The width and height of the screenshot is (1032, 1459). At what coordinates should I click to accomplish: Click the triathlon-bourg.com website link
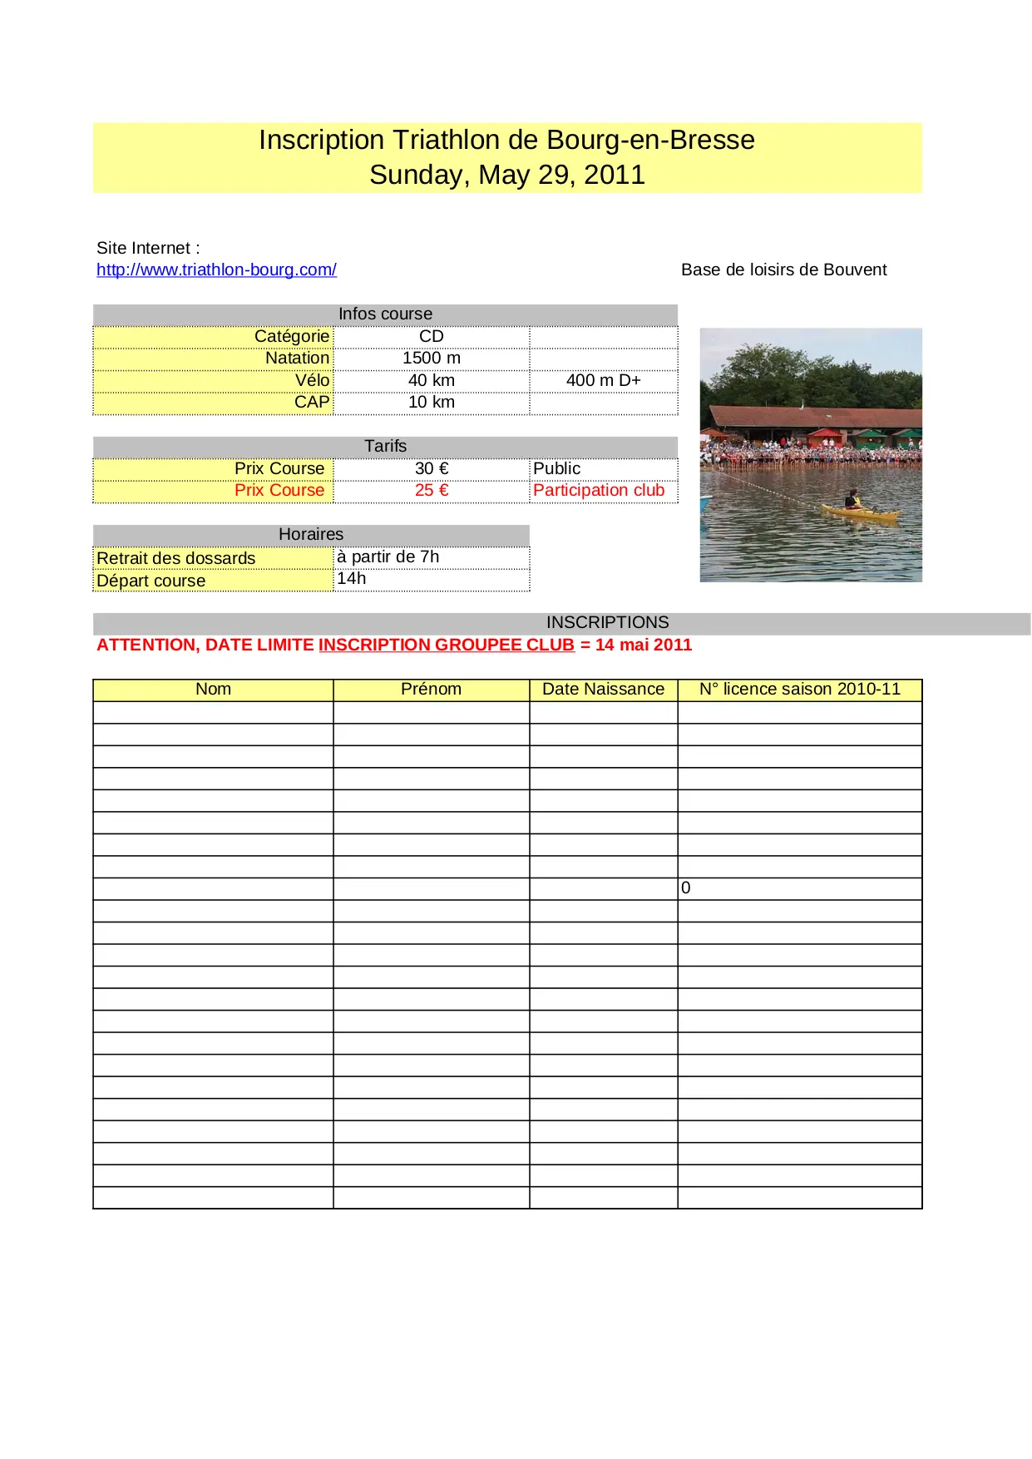pyautogui.click(x=216, y=270)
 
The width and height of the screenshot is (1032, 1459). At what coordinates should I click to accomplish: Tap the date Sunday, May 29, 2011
pyautogui.click(x=506, y=175)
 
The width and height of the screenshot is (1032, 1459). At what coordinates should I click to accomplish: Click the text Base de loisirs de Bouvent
pyautogui.click(x=783, y=270)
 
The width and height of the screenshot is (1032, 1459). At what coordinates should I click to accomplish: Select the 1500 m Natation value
pyautogui.click(x=431, y=358)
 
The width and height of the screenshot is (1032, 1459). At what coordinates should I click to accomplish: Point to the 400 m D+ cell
pyautogui.click(x=603, y=380)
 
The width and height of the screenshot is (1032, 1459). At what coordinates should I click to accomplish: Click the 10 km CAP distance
pyautogui.click(x=431, y=402)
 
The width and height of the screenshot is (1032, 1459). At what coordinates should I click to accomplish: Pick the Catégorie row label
pyautogui.click(x=291, y=336)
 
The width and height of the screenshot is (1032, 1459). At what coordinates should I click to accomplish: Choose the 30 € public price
pyautogui.click(x=431, y=468)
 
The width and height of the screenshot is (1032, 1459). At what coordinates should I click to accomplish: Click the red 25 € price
pyautogui.click(x=431, y=490)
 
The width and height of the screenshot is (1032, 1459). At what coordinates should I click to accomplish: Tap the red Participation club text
pyautogui.click(x=599, y=490)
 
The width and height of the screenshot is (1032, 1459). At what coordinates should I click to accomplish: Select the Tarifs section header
pyautogui.click(x=385, y=446)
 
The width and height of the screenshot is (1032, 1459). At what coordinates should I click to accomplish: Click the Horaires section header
pyautogui.click(x=310, y=534)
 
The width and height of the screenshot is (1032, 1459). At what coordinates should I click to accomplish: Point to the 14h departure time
pyautogui.click(x=351, y=578)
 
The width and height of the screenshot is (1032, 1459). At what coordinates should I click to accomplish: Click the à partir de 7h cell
pyautogui.click(x=388, y=556)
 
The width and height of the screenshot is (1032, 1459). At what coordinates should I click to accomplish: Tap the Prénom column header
pyautogui.click(x=431, y=689)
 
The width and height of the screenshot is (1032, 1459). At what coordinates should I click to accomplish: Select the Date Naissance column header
pyautogui.click(x=603, y=689)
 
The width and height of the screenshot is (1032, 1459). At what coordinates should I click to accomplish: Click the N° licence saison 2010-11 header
pyautogui.click(x=799, y=689)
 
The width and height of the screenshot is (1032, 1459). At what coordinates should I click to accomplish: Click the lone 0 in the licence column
pyautogui.click(x=685, y=888)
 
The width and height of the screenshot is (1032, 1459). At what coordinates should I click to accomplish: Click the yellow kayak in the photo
pyautogui.click(x=860, y=513)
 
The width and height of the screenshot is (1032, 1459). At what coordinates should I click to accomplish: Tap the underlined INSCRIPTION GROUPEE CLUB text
pyautogui.click(x=447, y=645)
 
